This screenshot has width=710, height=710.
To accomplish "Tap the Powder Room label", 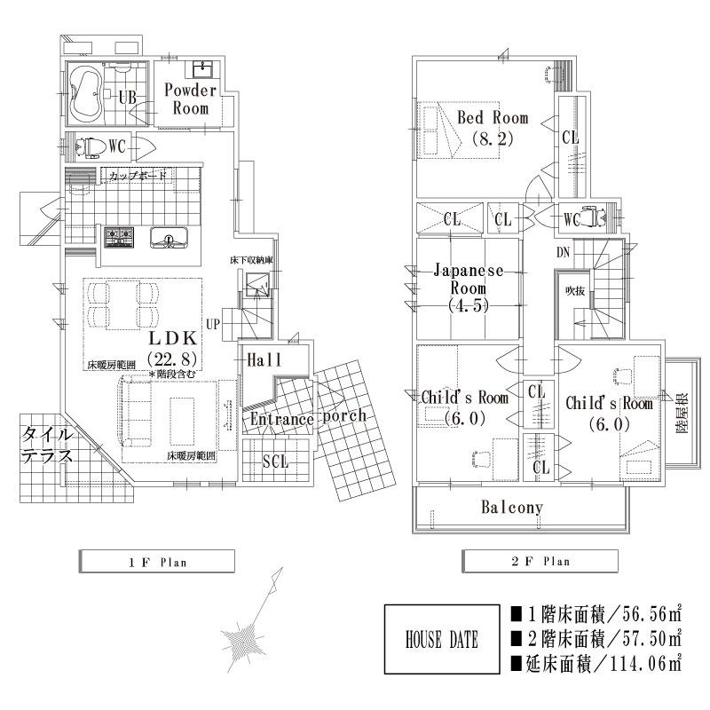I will [x=189, y=99].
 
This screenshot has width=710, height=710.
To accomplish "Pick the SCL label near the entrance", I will [x=275, y=461].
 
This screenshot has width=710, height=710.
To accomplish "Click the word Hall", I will [x=264, y=359].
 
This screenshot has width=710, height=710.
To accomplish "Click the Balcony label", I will [x=512, y=508].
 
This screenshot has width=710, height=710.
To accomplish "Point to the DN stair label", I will [x=563, y=253].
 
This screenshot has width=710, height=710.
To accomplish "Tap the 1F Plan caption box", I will [x=156, y=561].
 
